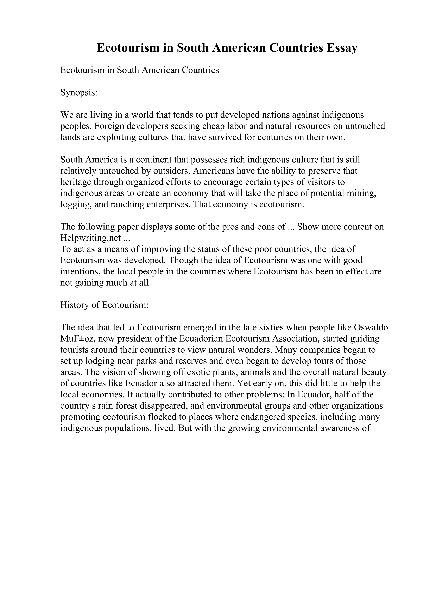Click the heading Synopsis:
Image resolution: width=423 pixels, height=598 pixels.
click(79, 92)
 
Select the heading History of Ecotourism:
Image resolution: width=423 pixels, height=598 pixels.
click(104, 305)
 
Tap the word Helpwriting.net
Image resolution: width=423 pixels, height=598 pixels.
click(90, 238)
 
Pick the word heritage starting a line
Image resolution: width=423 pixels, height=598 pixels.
click(76, 182)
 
